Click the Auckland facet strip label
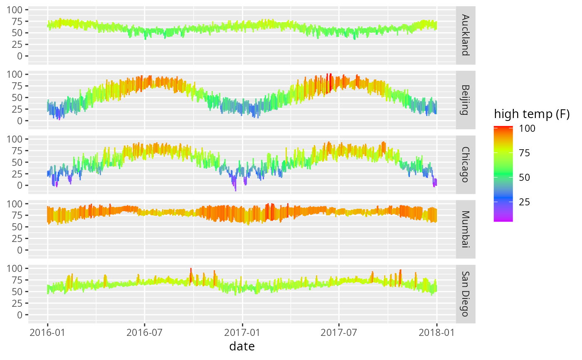(466, 35)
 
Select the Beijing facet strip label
(466, 100)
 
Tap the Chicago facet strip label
(466, 164)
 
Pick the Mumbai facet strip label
(466, 229)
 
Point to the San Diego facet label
(466, 293)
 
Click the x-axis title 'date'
(242, 346)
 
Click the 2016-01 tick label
(47, 332)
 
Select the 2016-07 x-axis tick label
(145, 332)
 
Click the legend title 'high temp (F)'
(531, 115)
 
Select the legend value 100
(527, 128)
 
